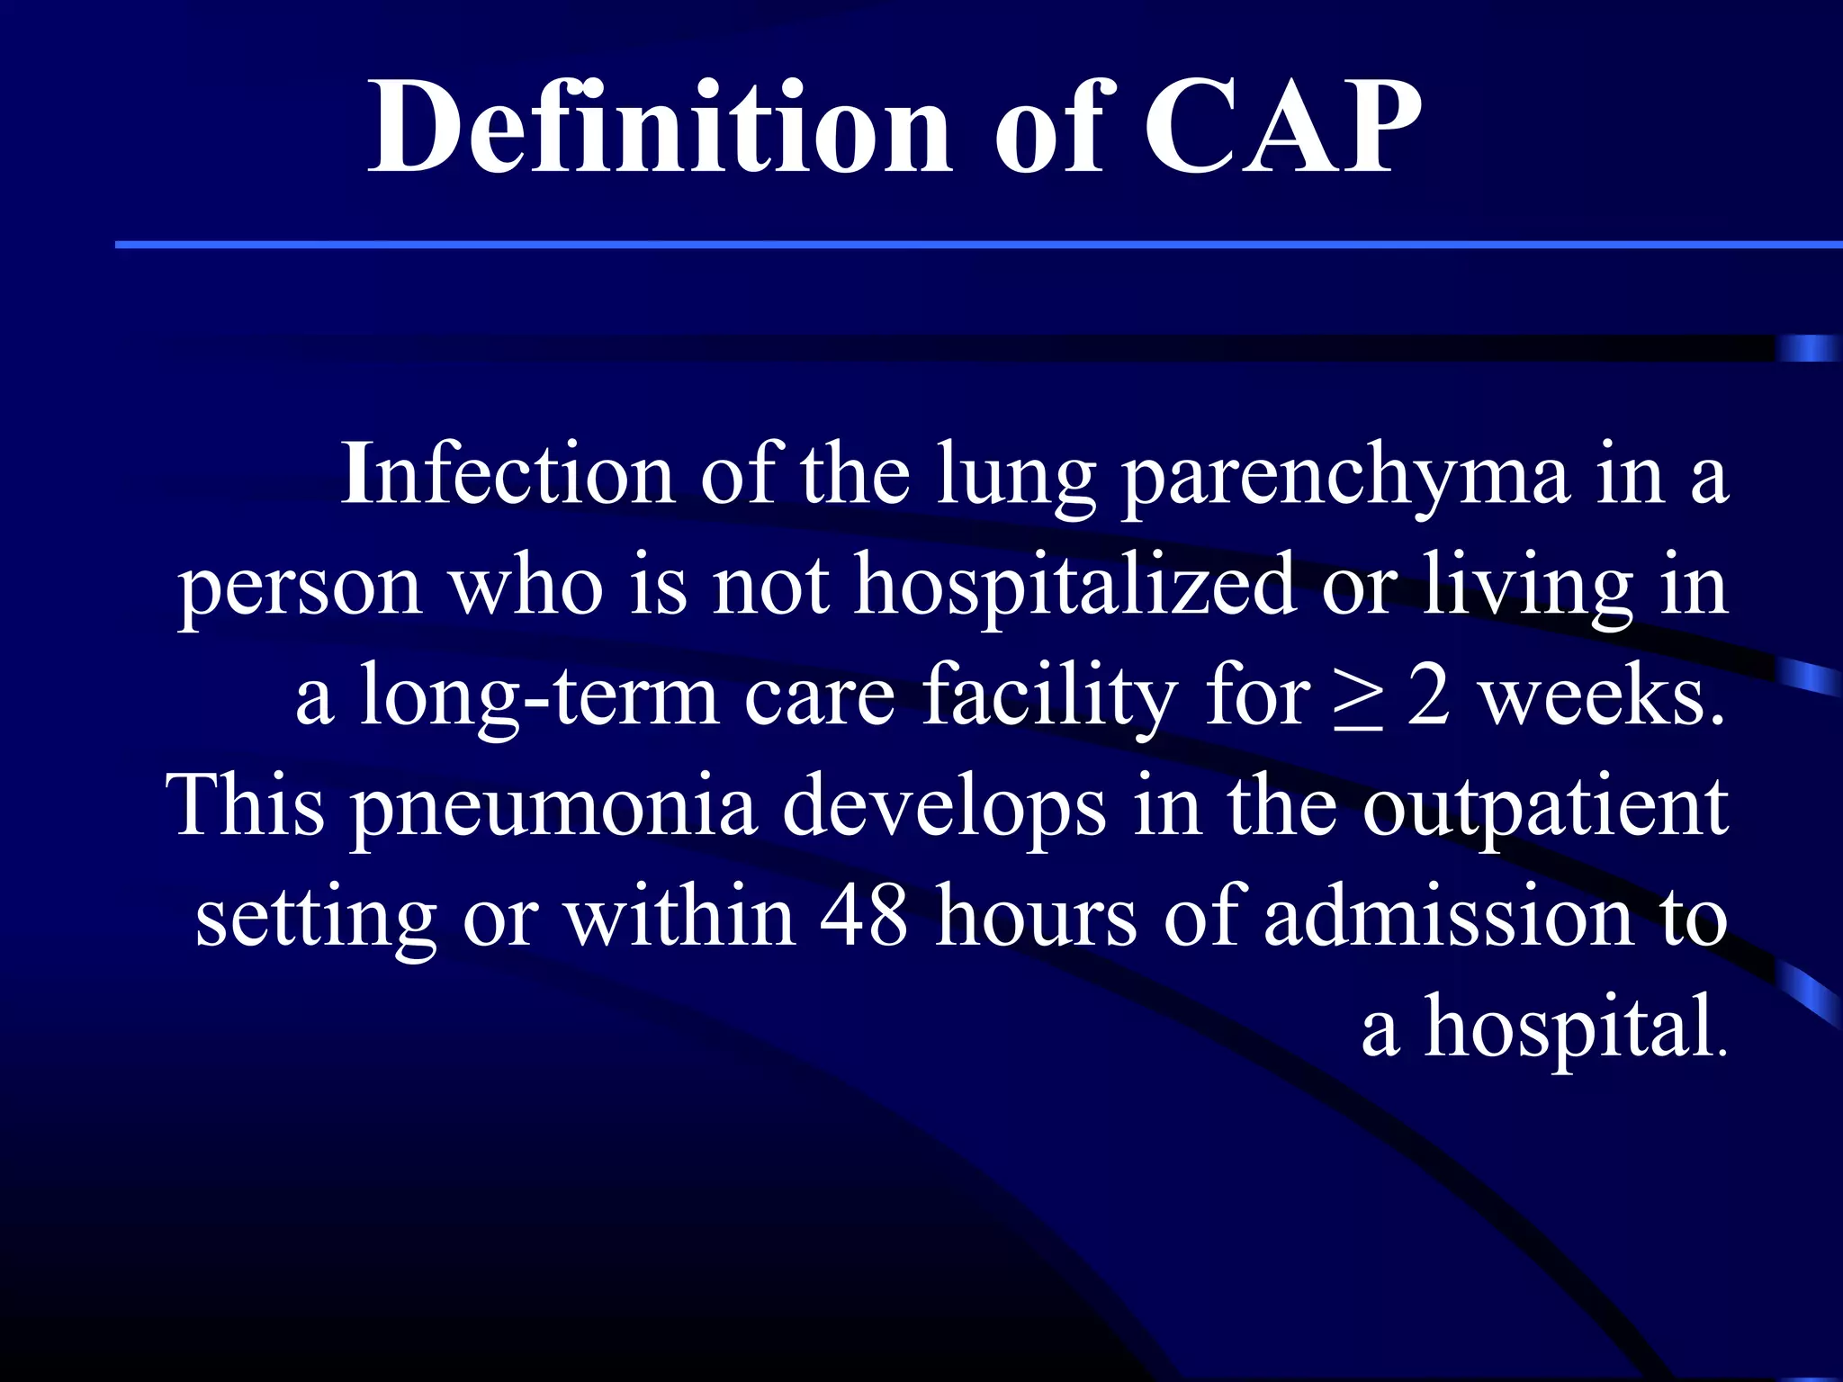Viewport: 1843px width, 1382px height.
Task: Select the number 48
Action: click(x=863, y=916)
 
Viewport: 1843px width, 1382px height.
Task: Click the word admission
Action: click(x=1448, y=916)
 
